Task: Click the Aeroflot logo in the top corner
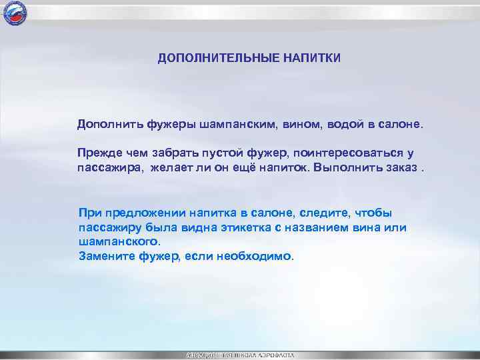(14, 13)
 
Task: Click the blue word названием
(312, 227)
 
